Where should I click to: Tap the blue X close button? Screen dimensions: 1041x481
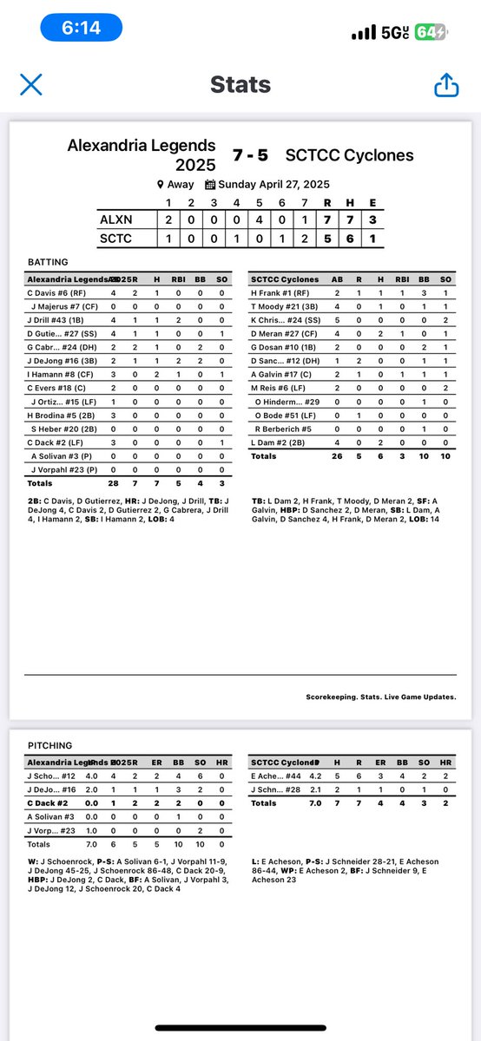coord(31,84)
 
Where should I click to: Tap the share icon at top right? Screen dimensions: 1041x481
coord(445,84)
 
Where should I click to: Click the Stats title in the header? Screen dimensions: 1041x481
coord(240,85)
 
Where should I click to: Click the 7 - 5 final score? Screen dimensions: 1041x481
coord(250,155)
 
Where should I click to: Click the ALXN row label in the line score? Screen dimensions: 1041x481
coord(115,220)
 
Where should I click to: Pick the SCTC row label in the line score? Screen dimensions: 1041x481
coord(115,238)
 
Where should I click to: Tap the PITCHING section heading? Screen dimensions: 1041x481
coord(49,744)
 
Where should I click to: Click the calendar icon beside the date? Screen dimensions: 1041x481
coord(209,185)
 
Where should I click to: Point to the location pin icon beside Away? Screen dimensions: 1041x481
coord(160,185)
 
